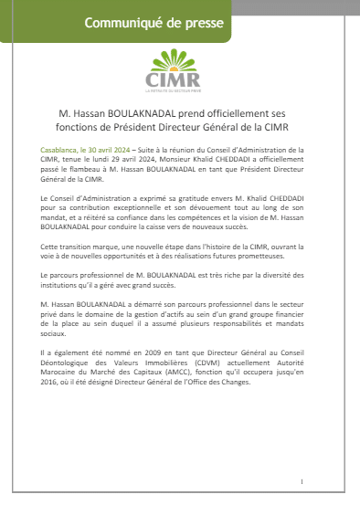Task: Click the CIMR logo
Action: (179, 73)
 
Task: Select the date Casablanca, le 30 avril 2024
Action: (83, 147)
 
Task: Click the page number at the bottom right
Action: (301, 480)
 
